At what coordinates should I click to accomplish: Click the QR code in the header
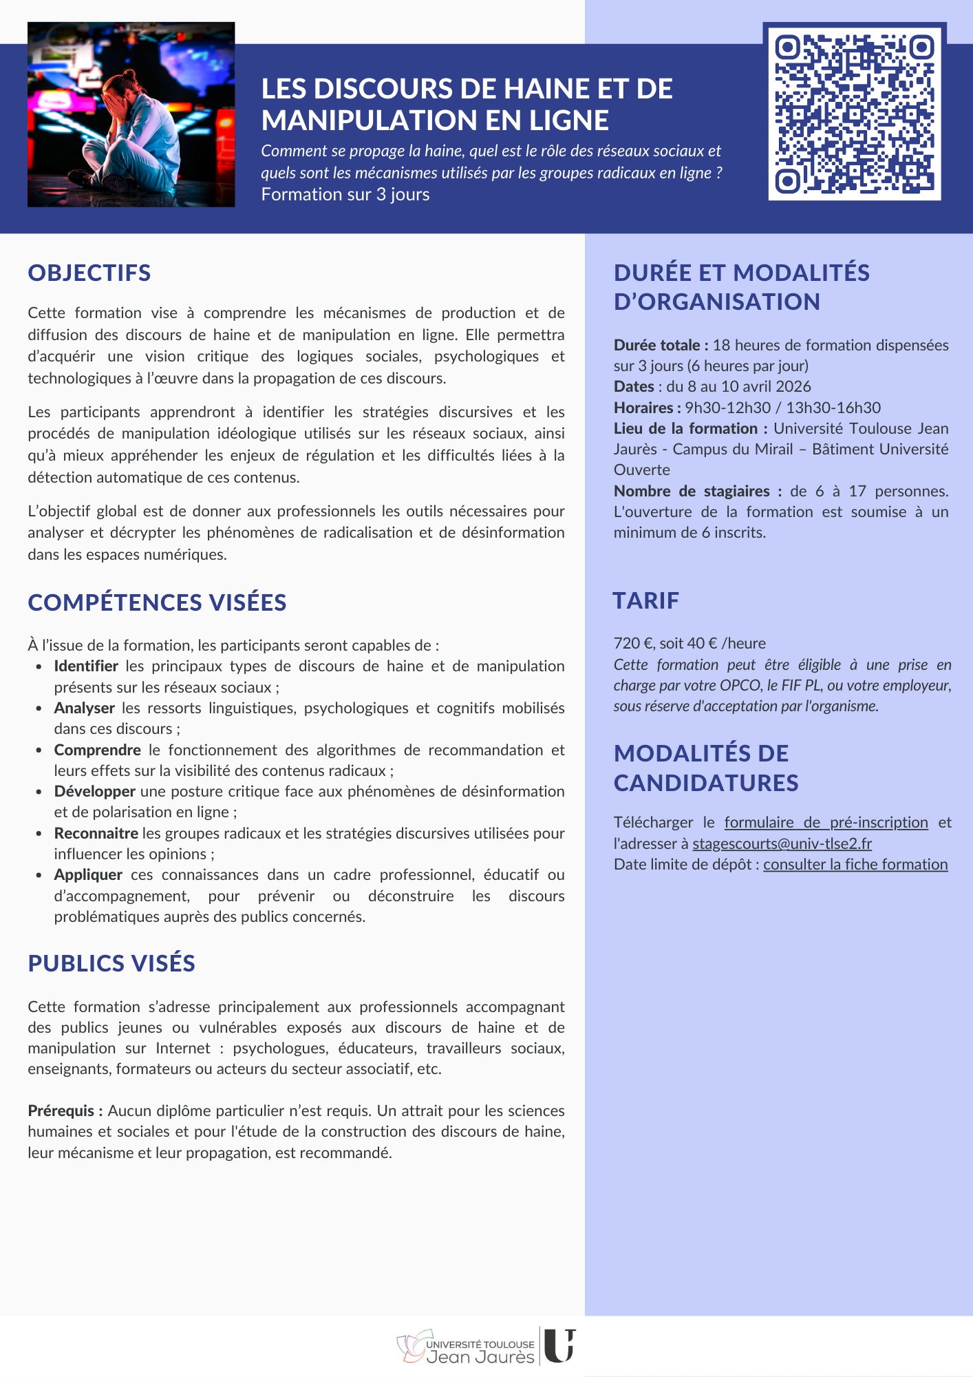854,114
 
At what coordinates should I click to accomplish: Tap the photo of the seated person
131,114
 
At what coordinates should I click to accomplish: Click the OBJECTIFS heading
89,273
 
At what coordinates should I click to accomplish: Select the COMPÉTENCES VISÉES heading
157,602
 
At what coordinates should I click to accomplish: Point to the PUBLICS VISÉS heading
111,963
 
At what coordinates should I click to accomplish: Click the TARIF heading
645,600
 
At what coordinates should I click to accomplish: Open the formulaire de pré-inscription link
826,822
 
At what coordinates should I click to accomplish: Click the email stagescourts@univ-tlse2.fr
782,843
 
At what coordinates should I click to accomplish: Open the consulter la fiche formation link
855,864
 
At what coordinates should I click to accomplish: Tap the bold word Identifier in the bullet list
86,666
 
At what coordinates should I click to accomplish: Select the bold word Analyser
84,708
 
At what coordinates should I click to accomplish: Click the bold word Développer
94,791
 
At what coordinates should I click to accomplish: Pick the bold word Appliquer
88,874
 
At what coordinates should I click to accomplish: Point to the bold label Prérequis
65,1111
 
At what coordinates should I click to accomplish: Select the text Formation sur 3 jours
345,195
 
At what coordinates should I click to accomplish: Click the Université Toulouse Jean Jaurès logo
486,1347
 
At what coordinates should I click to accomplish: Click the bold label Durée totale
660,345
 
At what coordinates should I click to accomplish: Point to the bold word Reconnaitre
96,833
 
